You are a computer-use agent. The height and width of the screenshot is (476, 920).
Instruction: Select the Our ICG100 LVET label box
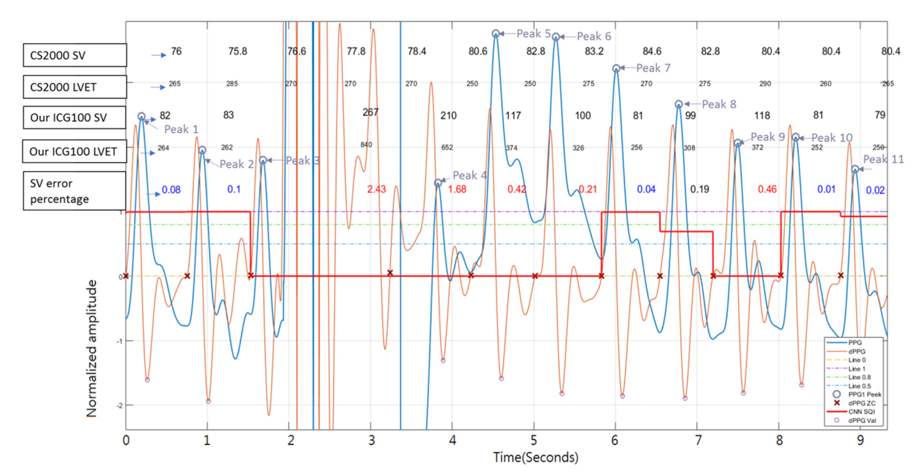(74, 151)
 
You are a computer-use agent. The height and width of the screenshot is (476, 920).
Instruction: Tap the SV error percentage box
(74, 191)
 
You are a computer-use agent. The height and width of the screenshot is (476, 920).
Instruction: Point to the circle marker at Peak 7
(616, 68)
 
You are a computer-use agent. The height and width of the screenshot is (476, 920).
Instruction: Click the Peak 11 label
(883, 159)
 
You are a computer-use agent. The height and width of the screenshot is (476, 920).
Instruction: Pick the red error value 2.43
(376, 189)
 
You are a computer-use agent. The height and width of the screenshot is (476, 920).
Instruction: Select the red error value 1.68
(457, 189)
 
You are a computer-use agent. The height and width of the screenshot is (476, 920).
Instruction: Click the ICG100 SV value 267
(370, 113)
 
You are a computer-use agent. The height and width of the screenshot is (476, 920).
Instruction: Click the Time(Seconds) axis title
(536, 457)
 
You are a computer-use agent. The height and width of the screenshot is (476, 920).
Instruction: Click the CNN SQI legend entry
(861, 412)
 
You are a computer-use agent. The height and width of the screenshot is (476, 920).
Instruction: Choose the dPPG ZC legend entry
(861, 403)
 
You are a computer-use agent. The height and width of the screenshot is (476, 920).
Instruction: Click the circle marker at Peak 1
(141, 117)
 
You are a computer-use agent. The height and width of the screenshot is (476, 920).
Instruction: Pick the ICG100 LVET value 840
(366, 145)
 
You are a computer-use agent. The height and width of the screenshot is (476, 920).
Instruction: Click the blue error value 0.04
(646, 189)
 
